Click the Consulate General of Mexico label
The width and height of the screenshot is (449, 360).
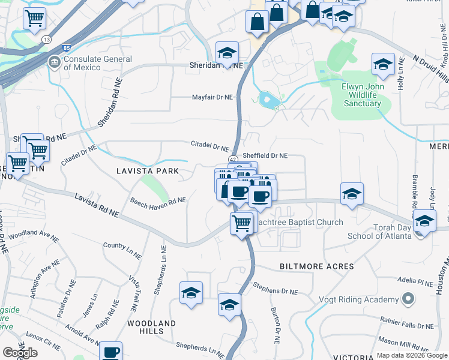[x=97, y=63]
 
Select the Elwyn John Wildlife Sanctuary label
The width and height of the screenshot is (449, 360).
[x=361, y=95]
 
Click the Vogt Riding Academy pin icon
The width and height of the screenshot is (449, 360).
[x=408, y=299]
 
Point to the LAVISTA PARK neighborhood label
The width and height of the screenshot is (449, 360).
[x=147, y=171]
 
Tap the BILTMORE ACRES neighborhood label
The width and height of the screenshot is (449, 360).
[x=316, y=266]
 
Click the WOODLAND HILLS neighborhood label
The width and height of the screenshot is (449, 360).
[x=151, y=327]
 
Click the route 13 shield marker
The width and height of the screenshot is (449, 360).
[x=47, y=40]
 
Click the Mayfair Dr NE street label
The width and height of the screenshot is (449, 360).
[x=212, y=97]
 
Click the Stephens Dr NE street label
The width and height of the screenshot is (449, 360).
[x=276, y=288]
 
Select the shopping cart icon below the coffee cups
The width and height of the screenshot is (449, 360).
[x=242, y=223]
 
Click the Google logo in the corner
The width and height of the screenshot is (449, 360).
[x=20, y=353]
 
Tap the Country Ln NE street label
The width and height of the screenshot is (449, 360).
[x=122, y=250]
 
